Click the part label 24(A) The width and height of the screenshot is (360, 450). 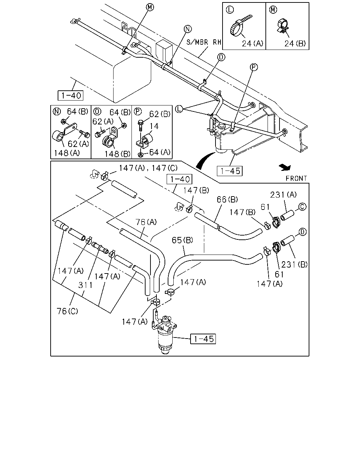[x=252, y=44]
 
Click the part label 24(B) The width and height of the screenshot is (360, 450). [x=295, y=44]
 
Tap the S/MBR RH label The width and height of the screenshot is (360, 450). [x=204, y=42]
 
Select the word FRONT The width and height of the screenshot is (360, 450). [x=296, y=178]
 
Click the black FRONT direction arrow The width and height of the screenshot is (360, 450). [x=285, y=167]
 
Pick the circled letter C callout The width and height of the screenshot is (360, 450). [x=302, y=207]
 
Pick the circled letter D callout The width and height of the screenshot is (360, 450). [x=302, y=232]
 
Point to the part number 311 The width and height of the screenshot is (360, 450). [x=85, y=285]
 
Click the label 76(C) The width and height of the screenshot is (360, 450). [x=67, y=311]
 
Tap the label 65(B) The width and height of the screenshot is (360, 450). [x=182, y=240]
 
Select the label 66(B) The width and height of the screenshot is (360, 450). [x=227, y=199]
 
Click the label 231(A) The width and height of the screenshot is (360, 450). [x=283, y=195]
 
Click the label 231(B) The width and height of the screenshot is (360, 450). [x=294, y=264]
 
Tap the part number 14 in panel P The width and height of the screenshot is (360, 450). [x=154, y=126]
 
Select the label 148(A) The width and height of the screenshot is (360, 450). [x=67, y=153]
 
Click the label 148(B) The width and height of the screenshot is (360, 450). [x=117, y=154]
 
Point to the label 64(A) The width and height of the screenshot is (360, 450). [x=160, y=152]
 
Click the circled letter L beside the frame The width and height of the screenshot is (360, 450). [x=179, y=109]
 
